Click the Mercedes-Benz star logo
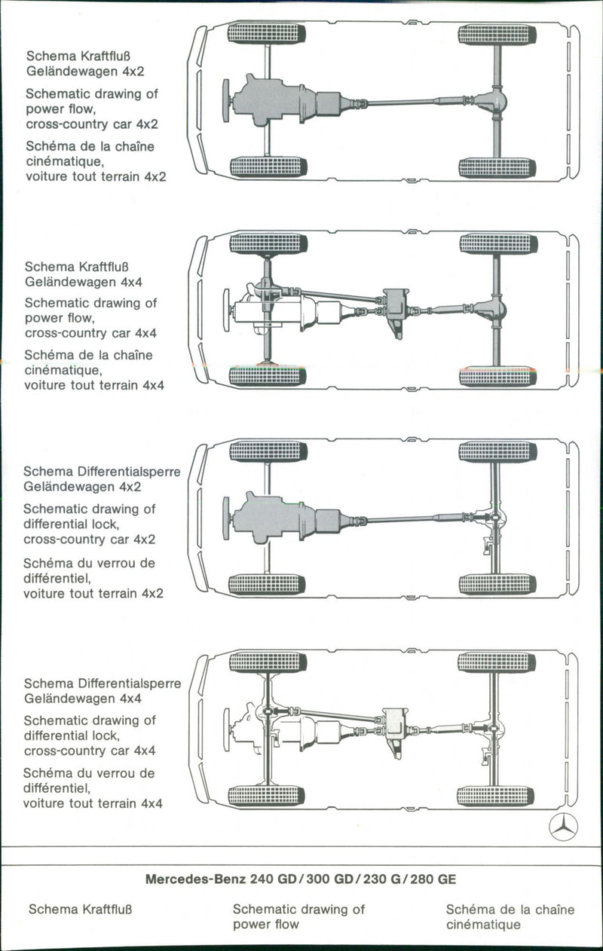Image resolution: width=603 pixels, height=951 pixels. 563,827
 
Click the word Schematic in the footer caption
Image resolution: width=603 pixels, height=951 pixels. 265,909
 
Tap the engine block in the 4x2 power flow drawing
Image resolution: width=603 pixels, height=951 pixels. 271,99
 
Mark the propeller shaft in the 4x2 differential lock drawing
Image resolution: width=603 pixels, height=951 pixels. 399,519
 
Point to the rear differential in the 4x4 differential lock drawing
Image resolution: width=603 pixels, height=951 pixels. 494,729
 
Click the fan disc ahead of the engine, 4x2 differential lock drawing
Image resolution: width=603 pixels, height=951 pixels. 225,518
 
